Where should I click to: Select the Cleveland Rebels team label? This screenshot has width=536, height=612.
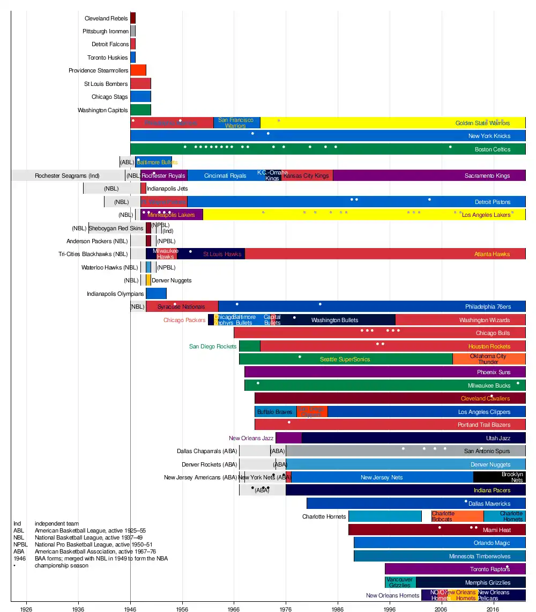pos(106,18)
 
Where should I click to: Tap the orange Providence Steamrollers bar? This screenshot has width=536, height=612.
pos(138,70)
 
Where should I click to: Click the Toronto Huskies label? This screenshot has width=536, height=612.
pos(108,57)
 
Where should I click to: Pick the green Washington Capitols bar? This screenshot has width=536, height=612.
pos(140,110)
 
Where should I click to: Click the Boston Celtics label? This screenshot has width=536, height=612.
pos(493,149)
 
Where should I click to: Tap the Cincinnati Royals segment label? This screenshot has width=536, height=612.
pos(225,176)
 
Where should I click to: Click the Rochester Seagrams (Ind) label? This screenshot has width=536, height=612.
pos(67,176)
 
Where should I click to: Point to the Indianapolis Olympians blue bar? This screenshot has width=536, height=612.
pos(156,294)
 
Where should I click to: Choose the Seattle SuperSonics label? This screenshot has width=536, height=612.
pos(345,359)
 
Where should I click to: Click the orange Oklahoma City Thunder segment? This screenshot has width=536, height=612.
pos(488,359)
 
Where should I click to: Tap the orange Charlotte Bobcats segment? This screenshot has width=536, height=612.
pos(457,516)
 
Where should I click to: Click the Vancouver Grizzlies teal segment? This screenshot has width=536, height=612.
pos(400,582)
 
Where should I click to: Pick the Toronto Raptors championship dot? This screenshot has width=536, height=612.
pos(507,567)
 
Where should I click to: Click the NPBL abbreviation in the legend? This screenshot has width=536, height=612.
pos(20,544)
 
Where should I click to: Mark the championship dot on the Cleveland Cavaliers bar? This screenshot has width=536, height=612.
pos(492,397)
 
